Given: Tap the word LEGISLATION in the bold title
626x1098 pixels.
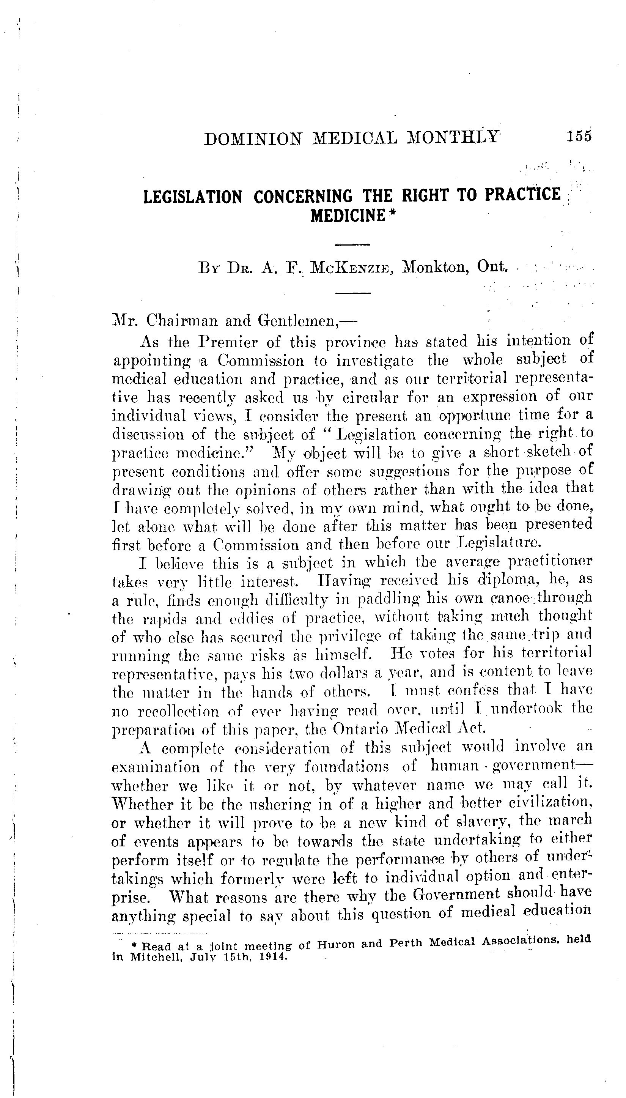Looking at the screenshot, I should (x=192, y=197).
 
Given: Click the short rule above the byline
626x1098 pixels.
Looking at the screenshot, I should (x=352, y=245).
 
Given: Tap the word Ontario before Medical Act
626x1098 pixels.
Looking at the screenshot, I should (x=360, y=729).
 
